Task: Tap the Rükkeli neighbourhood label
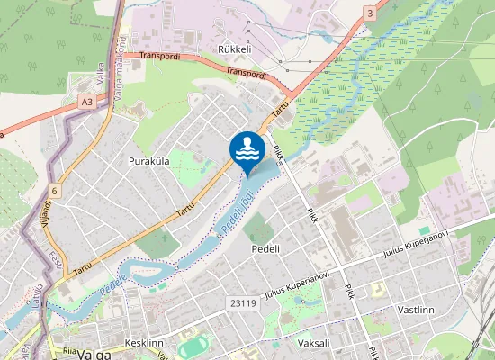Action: tap(233, 49)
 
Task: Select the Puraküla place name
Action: tap(149, 161)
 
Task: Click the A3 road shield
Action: tap(86, 103)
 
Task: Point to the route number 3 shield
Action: tap(370, 13)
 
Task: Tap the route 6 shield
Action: tap(55, 190)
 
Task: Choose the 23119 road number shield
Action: tap(243, 303)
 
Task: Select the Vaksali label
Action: tap(314, 343)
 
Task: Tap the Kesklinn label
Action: tap(143, 343)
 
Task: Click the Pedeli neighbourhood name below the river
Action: tap(266, 248)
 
